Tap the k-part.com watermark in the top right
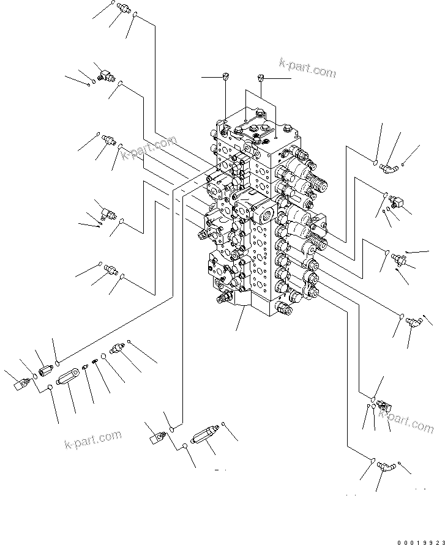[307, 69]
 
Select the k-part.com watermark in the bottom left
[92, 439]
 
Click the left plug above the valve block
[225, 76]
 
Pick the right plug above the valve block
[261, 78]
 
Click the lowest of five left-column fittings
[111, 269]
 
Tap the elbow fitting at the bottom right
[385, 467]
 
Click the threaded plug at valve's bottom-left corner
[222, 299]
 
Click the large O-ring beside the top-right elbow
[375, 161]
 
